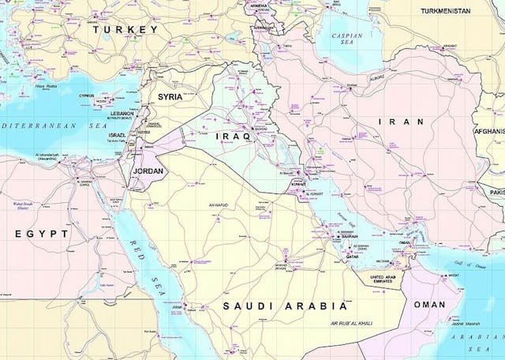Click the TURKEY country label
tap(125, 29)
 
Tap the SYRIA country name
tap(170, 96)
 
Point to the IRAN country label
tap(401, 122)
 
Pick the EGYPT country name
tap(42, 234)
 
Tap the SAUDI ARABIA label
tap(285, 306)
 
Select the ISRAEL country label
tap(117, 135)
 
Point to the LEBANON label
tap(122, 113)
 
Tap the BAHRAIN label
tap(349, 236)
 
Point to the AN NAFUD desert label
tap(219, 205)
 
